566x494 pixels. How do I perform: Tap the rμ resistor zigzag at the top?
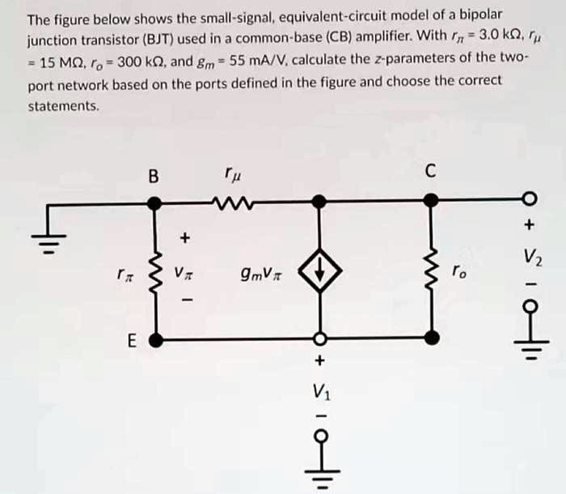click(230, 200)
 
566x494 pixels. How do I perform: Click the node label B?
click(154, 175)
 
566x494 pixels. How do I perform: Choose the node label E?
click(131, 342)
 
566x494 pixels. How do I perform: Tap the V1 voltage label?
click(320, 390)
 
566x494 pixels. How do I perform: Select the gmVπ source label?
click(256, 275)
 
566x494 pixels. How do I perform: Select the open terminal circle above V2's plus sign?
click(530, 199)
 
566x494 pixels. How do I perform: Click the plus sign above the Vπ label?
click(185, 238)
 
